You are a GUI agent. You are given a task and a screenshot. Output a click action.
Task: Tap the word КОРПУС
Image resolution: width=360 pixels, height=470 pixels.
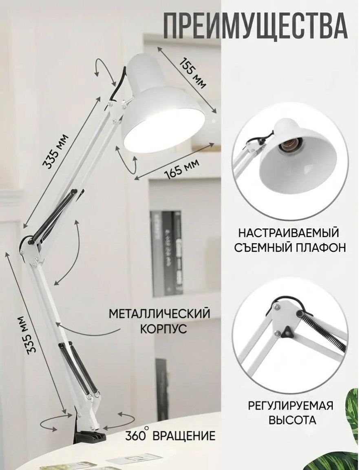163,328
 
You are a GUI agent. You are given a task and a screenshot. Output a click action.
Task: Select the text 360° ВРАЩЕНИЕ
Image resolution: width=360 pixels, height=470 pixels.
170,435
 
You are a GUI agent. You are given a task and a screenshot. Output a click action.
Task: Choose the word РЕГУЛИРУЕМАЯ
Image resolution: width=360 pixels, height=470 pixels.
290,406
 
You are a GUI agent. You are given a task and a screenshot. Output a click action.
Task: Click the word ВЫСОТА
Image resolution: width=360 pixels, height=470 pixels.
292,420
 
